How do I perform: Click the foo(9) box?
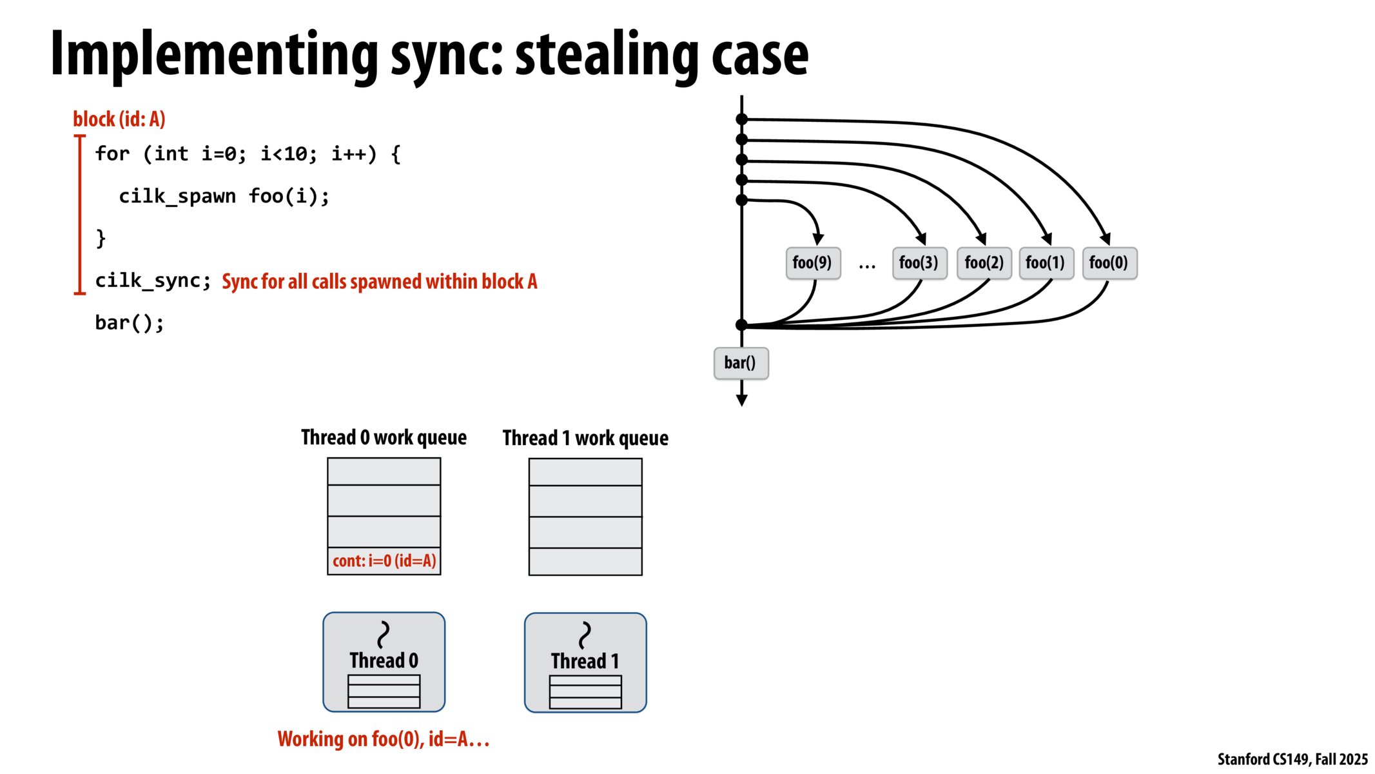pos(812,263)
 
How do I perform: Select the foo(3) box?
pos(919,263)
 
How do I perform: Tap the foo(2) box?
pos(984,263)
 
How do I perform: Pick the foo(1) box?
pos(1046,263)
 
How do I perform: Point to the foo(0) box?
pos(1109,263)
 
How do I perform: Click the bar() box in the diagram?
pos(741,363)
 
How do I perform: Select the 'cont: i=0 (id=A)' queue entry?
pos(384,561)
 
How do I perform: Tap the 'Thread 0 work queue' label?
pos(384,437)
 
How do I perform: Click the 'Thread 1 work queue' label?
pos(585,438)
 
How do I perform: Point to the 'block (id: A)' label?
pos(119,119)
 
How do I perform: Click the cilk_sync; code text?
pos(153,281)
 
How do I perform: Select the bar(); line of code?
pos(130,322)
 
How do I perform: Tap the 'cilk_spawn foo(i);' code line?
pos(224,196)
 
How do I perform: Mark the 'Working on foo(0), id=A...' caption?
pos(384,739)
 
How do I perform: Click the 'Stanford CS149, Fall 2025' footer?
pos(1292,759)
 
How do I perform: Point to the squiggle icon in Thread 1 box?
pos(585,635)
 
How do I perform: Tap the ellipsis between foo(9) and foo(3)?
pos(867,264)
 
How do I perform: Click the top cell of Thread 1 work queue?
pos(585,472)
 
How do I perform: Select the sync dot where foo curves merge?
pos(742,325)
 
